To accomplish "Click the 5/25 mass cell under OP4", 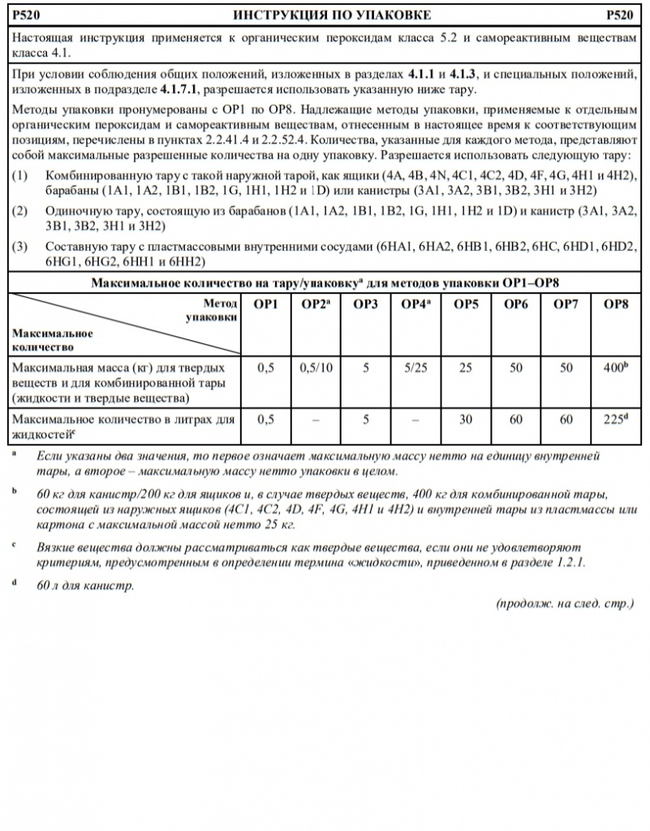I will pos(415,368).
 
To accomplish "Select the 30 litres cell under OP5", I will pos(465,420).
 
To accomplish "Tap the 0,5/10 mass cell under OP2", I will pos(314,368).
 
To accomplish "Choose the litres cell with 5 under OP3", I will pos(365,420).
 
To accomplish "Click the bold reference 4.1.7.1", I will pos(185,88).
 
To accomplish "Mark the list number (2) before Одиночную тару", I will pos(22,211).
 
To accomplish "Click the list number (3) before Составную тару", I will pos(22,245).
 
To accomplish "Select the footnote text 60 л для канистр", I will pos(85,585).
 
